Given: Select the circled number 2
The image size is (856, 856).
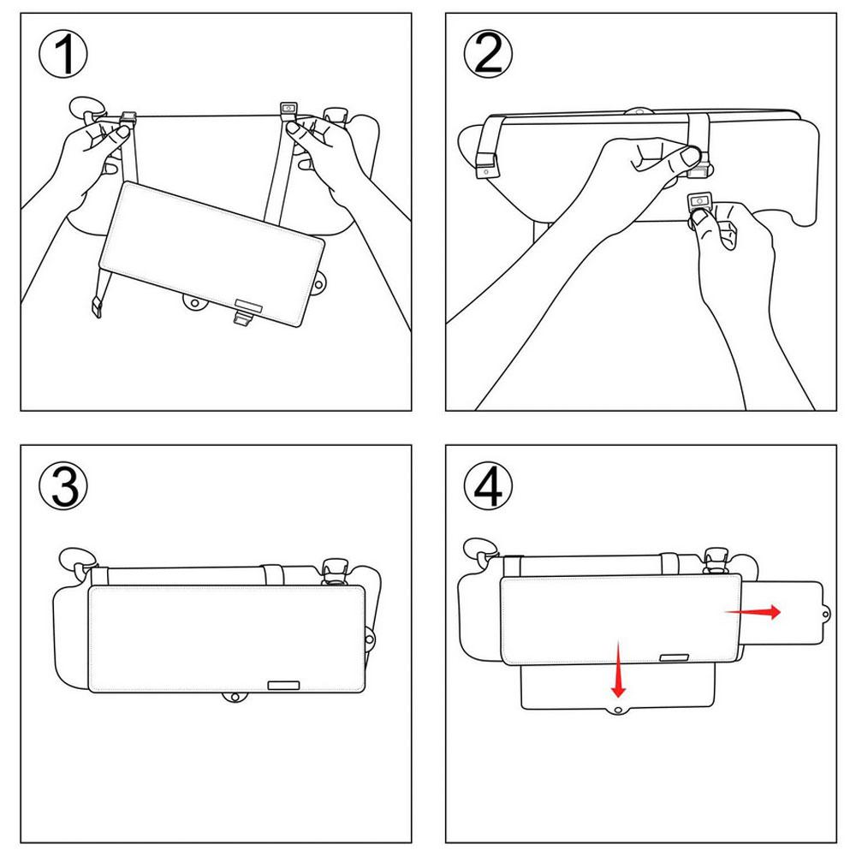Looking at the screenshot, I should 488,57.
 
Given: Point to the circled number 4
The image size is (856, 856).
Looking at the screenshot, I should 488,485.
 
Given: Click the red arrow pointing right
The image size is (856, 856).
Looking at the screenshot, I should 753,612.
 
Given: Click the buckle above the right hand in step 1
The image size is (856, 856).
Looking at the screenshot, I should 288,109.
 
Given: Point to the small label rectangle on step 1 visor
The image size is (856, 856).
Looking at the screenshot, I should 250,303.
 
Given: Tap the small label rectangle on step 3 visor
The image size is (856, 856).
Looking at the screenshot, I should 283,686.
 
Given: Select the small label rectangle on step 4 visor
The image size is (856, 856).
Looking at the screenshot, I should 676,657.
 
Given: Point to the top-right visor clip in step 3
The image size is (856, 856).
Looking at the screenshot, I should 333,569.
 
